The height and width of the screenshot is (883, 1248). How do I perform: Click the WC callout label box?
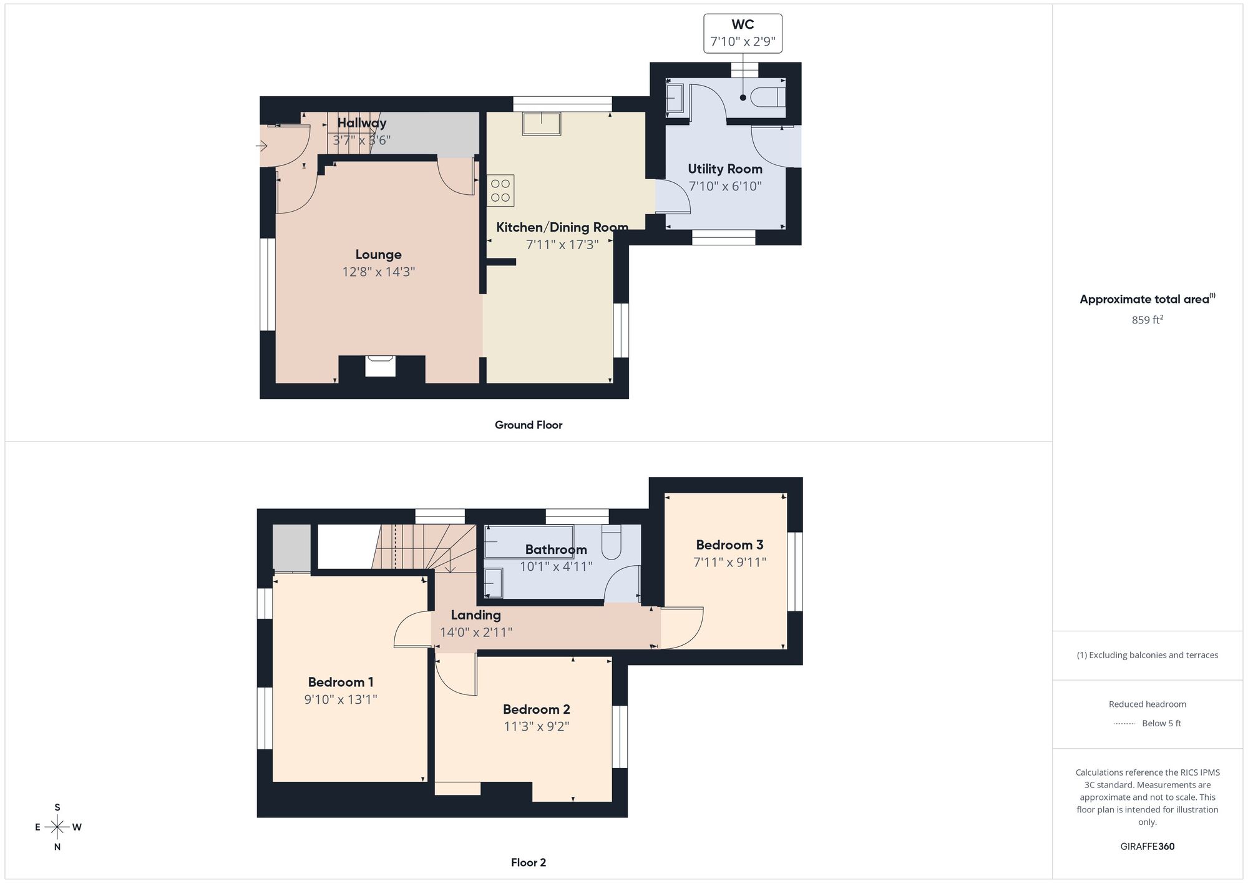[743, 33]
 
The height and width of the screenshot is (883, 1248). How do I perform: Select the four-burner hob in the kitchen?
[500, 190]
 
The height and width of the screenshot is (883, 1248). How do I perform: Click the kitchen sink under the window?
[542, 124]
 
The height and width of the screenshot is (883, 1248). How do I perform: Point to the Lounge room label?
[378, 255]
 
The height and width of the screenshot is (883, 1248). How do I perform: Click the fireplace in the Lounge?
[380, 366]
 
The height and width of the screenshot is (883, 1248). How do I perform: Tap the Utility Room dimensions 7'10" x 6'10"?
[725, 186]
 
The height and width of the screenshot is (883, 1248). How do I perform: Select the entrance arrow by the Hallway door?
[261, 146]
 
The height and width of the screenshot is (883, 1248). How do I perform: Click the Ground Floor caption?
[529, 425]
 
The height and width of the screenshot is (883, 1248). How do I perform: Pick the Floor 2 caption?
[529, 862]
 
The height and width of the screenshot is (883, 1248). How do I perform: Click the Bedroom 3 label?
[729, 545]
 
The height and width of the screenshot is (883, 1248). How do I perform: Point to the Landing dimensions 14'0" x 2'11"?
[476, 632]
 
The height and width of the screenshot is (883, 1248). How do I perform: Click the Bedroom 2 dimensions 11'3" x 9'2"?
[537, 726]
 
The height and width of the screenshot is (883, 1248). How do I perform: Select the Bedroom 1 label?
[341, 682]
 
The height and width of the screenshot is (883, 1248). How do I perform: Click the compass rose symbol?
[57, 827]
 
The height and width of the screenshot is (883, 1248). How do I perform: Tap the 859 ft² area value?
[1148, 320]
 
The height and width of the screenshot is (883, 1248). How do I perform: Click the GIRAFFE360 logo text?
[1148, 847]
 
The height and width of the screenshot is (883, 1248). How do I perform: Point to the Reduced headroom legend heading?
[1148, 704]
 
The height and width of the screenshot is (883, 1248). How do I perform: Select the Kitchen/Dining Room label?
[562, 227]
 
